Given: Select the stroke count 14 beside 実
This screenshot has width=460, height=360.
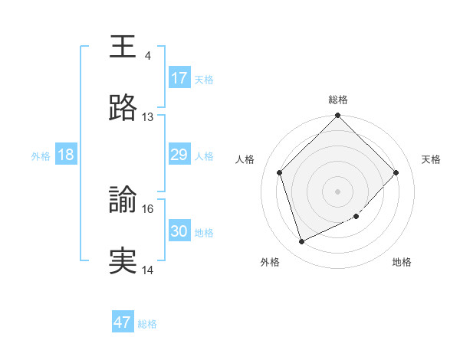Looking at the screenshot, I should (x=147, y=270).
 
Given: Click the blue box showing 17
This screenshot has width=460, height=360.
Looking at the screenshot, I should (x=179, y=78).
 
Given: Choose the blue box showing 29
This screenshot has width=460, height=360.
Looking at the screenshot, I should (x=179, y=155).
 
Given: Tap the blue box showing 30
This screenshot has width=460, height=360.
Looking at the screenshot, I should (x=179, y=231).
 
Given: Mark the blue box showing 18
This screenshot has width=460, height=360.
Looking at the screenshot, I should (x=66, y=155).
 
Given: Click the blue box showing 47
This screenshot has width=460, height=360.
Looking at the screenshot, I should (x=123, y=322).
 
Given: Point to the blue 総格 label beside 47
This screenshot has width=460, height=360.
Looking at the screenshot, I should (x=147, y=324).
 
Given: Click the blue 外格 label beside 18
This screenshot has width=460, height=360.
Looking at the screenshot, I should (x=41, y=156).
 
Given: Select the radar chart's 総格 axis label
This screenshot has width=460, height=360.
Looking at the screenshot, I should (x=338, y=100).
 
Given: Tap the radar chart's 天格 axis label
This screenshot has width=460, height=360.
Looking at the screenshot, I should (x=432, y=159).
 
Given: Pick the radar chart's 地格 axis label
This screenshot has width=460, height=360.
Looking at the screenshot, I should (x=402, y=262).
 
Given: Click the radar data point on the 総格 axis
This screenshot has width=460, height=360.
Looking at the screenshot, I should (x=338, y=116).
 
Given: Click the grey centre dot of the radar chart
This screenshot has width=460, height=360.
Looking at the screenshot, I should (x=338, y=191).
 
